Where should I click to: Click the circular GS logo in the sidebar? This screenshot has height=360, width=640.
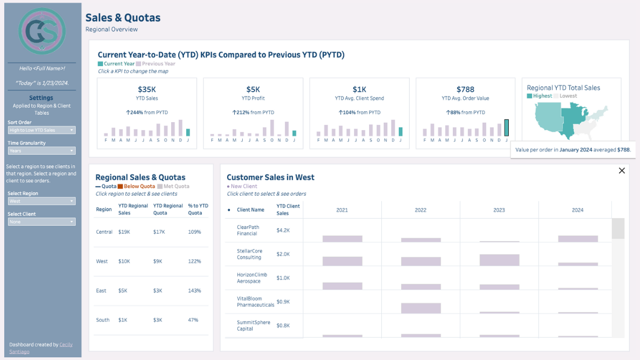[42, 32]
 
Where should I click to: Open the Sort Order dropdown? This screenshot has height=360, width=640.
[42, 130]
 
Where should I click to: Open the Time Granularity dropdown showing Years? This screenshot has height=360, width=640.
[42, 151]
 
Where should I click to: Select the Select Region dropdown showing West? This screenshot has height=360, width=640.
[42, 201]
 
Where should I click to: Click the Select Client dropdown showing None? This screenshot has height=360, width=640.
[42, 222]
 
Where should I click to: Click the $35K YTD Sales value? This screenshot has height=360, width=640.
[147, 90]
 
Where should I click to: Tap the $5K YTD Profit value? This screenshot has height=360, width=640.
[253, 90]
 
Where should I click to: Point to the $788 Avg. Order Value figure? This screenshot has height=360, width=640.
[466, 90]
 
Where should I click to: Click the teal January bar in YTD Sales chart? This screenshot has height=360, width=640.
[188, 132]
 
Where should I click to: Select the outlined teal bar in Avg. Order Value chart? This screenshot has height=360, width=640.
[507, 128]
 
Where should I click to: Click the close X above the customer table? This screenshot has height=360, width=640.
[621, 171]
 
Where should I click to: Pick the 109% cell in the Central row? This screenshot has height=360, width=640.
[194, 232]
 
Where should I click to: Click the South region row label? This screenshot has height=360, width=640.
[102, 320]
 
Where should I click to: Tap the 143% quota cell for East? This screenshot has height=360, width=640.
[194, 291]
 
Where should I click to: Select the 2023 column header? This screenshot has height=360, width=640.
[499, 210]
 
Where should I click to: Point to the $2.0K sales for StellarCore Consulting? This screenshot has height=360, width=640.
[283, 254]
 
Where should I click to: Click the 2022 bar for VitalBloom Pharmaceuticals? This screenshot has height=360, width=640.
[421, 308]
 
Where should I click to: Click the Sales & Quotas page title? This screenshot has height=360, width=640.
[123, 18]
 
